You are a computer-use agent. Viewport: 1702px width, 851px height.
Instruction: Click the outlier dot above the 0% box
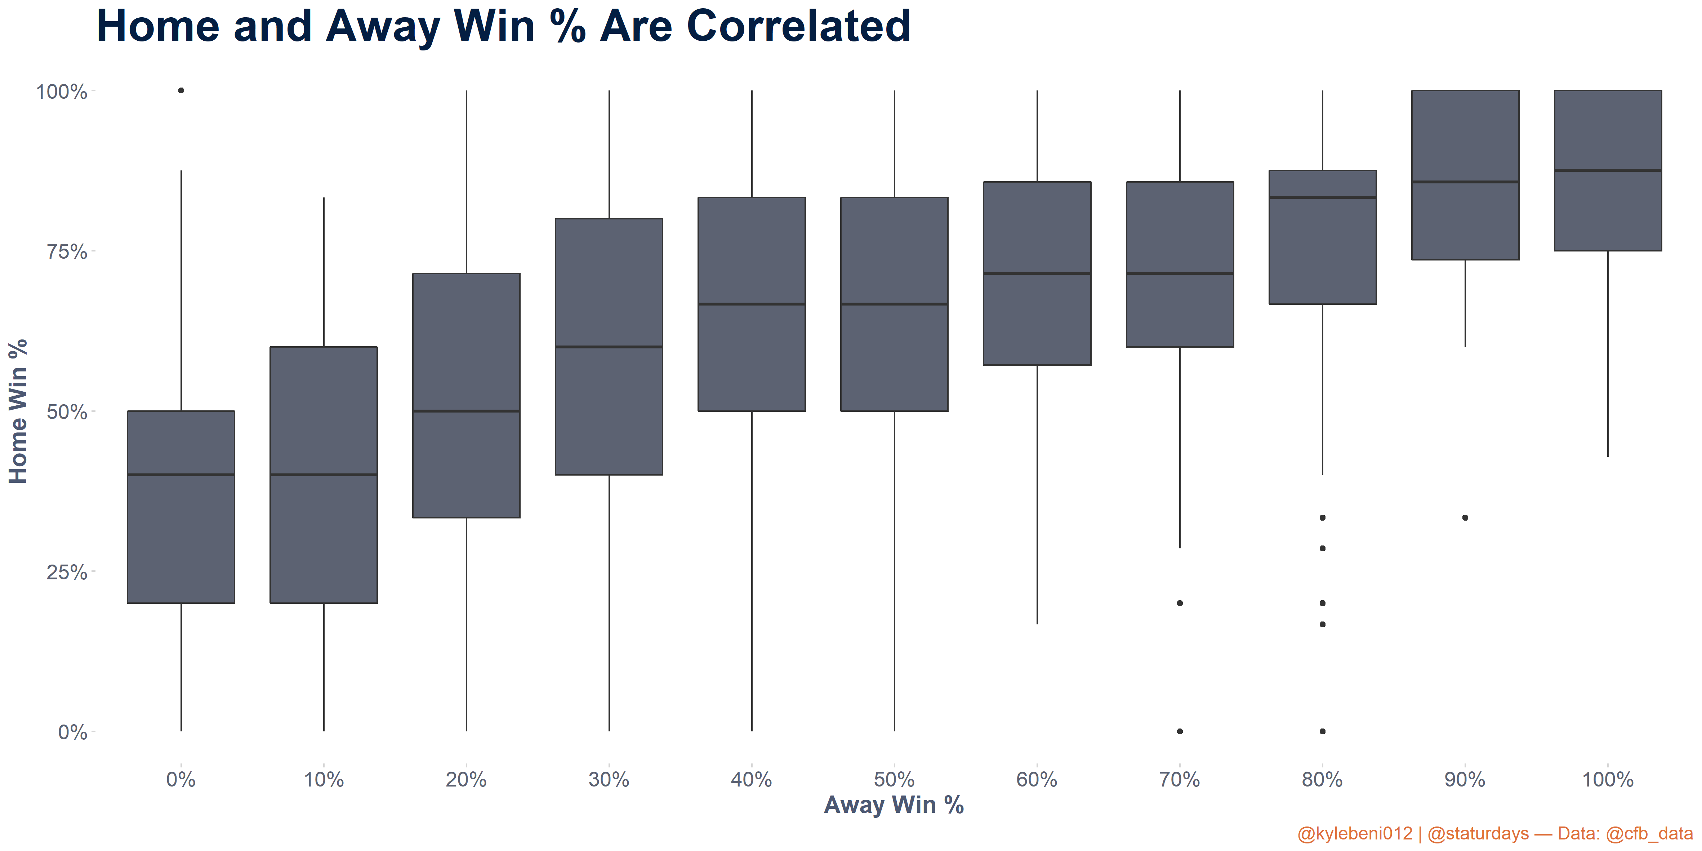[x=181, y=90]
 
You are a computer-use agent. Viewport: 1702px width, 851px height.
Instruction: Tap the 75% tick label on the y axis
[x=67, y=252]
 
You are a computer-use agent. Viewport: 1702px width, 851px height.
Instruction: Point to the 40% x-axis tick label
[x=751, y=780]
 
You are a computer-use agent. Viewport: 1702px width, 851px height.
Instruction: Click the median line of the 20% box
[x=467, y=411]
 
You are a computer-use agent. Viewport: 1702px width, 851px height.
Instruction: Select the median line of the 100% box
[x=1608, y=170]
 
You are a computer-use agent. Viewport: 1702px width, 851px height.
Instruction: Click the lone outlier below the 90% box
[x=1465, y=518]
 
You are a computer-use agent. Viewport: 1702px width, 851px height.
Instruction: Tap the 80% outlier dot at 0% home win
[x=1323, y=731]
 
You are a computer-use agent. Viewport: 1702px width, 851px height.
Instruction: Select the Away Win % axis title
[x=894, y=805]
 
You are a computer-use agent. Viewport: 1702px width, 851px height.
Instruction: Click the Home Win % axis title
[x=18, y=411]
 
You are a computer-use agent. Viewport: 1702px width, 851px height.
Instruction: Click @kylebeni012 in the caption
[x=1355, y=834]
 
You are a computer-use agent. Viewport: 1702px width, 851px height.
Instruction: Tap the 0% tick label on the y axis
[x=73, y=732]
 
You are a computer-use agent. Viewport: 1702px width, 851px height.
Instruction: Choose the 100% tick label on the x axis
[x=1608, y=780]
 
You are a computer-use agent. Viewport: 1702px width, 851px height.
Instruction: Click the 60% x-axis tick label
[x=1037, y=780]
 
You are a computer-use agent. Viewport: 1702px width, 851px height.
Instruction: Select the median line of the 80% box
[x=1323, y=197]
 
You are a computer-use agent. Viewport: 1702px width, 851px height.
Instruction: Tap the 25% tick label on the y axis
[x=67, y=572]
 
